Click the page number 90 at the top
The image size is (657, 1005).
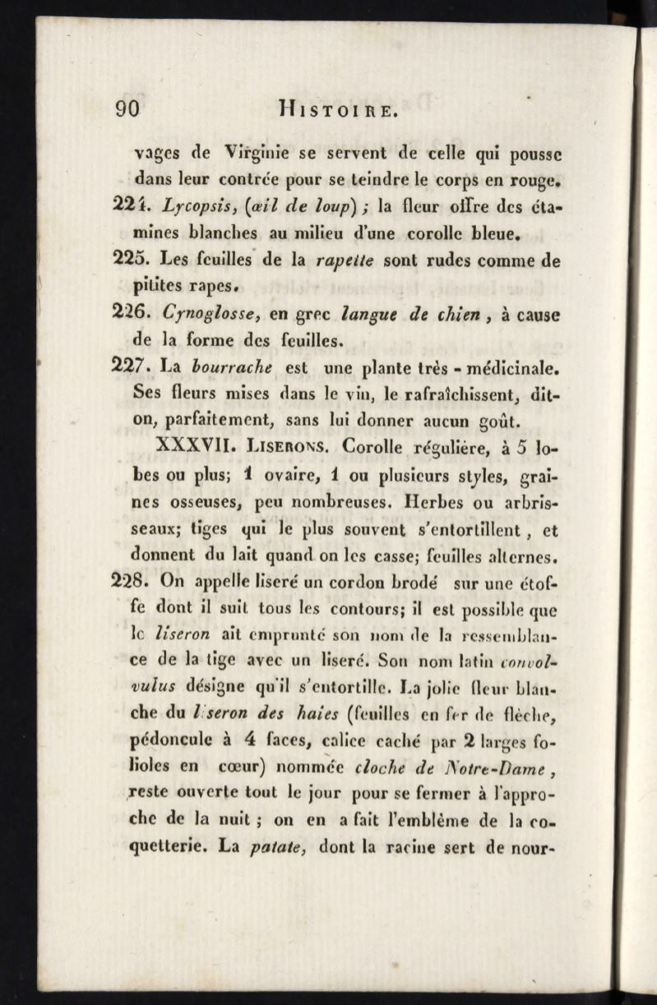point(129,110)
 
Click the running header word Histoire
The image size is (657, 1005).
point(328,110)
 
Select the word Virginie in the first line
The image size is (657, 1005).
point(248,154)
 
